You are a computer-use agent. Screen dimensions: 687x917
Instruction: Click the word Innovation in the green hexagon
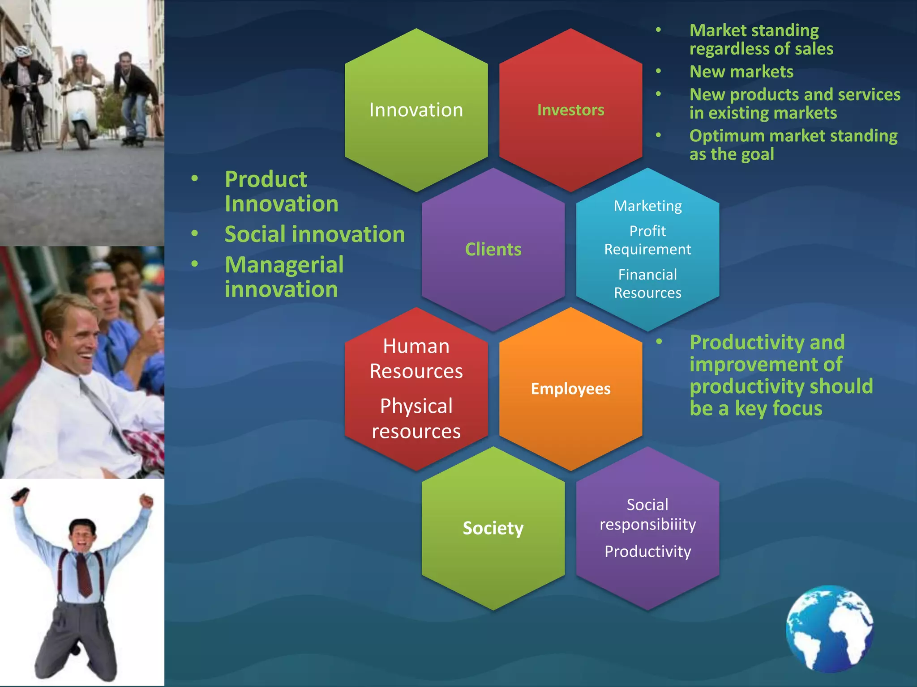416,110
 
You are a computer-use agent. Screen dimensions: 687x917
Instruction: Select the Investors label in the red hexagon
570,110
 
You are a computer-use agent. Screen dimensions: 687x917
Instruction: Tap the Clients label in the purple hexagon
493,249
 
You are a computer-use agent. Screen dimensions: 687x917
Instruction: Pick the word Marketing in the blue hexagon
647,206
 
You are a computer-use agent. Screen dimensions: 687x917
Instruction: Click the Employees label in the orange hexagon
570,389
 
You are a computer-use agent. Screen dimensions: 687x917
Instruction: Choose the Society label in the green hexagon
493,528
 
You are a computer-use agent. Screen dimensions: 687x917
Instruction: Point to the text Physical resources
416,419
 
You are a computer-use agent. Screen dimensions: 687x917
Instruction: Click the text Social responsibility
647,514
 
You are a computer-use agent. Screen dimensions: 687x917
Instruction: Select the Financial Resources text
647,284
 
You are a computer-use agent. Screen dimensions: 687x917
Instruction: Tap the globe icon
830,628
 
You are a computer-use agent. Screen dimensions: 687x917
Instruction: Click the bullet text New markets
741,72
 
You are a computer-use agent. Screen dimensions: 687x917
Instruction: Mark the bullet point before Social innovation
195,233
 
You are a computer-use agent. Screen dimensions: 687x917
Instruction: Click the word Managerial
284,264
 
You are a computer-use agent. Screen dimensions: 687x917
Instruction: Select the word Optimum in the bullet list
723,136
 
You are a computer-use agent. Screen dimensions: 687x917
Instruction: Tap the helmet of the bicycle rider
22,51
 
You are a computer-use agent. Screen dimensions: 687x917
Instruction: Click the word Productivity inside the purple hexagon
647,551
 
